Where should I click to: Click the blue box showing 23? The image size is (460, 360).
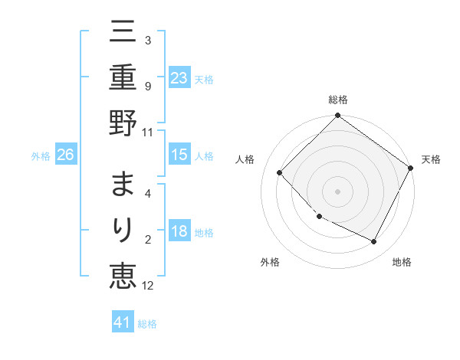click(x=179, y=77)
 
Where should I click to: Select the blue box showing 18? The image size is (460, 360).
click(x=179, y=232)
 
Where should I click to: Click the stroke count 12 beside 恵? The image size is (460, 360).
click(x=148, y=286)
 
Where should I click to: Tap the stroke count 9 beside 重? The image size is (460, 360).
click(x=148, y=87)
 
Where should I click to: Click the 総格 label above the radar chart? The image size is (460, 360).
click(x=338, y=100)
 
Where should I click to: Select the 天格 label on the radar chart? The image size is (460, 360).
click(x=432, y=159)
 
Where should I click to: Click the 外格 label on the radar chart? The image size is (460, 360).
click(x=270, y=263)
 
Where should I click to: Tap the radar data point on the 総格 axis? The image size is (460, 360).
click(x=338, y=116)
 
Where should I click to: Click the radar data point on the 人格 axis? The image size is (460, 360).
click(x=280, y=172)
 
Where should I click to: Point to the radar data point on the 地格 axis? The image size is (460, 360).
click(x=374, y=242)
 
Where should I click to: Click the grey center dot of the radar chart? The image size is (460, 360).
click(x=338, y=191)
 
